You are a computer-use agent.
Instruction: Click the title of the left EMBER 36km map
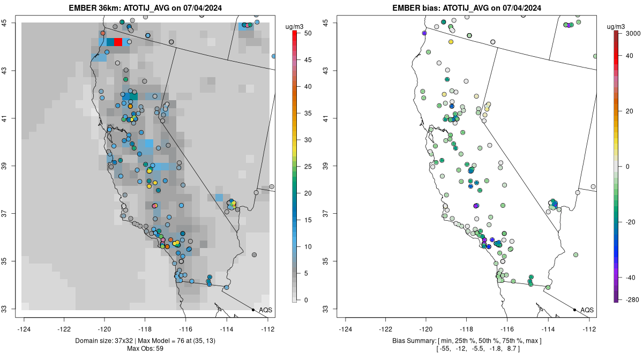tap(148, 8)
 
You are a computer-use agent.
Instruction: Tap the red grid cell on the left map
tap(118, 42)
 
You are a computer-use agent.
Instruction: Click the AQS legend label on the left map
tap(265, 310)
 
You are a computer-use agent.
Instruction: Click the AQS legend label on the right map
tap(587, 310)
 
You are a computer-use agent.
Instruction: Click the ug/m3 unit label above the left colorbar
tap(295, 26)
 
